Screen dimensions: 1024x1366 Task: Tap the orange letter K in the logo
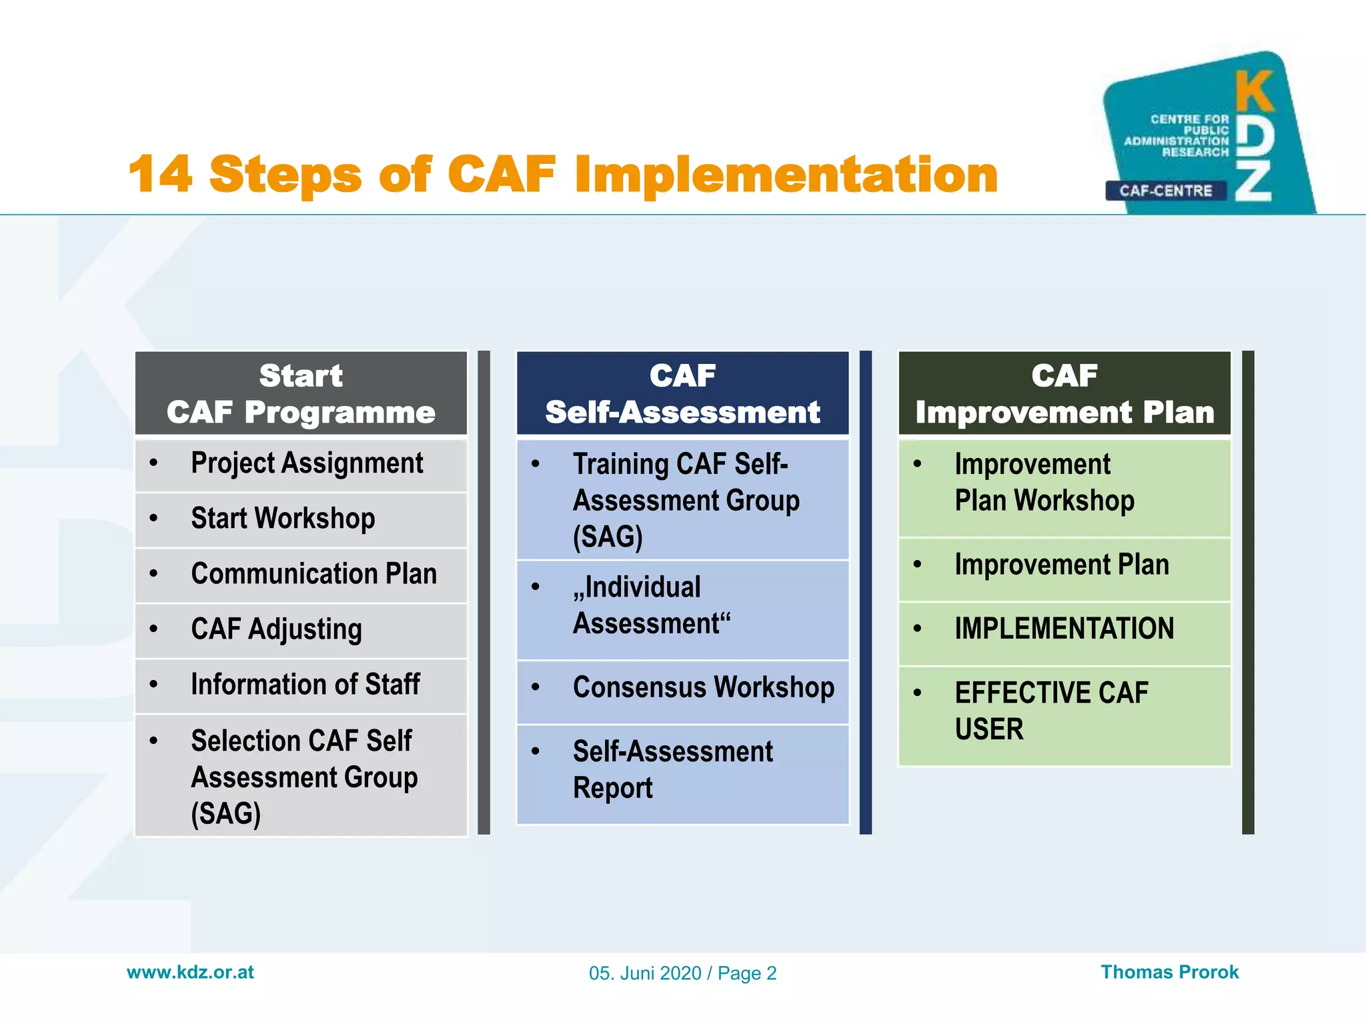1255,92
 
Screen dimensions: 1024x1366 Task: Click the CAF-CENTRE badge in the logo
1165,191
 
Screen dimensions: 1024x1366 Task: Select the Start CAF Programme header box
301,393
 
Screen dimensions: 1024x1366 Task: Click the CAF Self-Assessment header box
682,393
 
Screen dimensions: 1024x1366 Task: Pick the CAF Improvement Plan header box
1065,393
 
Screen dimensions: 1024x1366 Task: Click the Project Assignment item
307,463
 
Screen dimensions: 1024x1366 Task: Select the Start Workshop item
283,519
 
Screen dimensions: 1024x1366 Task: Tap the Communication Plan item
313,574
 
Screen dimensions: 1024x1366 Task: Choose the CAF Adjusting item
276,629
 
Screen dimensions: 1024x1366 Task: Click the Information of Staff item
305,685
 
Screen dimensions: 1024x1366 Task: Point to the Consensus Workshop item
703,688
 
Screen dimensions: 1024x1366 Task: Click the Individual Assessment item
652,605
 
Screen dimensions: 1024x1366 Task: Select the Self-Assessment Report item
672,769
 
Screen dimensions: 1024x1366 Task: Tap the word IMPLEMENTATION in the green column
1064,629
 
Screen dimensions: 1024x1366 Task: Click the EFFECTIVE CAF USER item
1051,711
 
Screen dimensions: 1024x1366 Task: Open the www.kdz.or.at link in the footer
190,972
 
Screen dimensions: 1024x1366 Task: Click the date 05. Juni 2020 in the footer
645,973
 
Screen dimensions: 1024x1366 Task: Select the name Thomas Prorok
1169,972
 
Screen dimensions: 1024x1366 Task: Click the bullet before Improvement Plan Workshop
917,464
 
